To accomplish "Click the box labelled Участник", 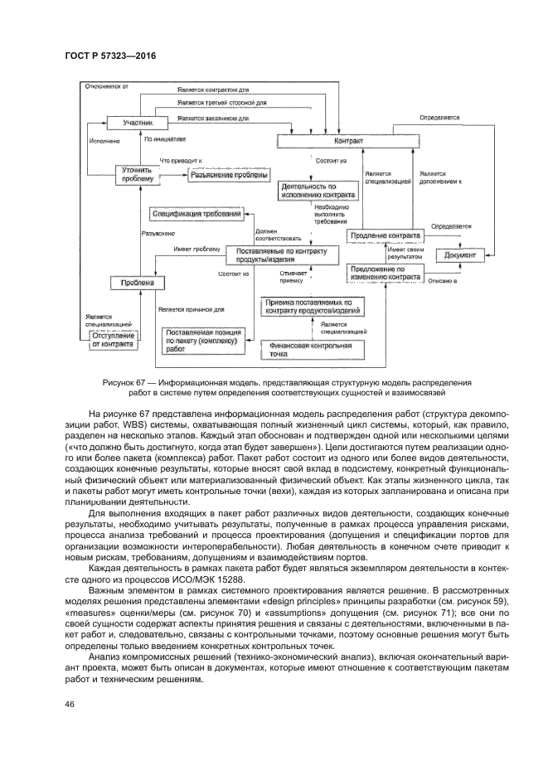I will coord(138,123).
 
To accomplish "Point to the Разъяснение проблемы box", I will coord(229,175).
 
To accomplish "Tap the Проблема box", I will coord(133,283).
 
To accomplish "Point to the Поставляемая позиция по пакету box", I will coord(202,341).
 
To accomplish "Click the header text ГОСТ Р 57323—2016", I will coord(110,56).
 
